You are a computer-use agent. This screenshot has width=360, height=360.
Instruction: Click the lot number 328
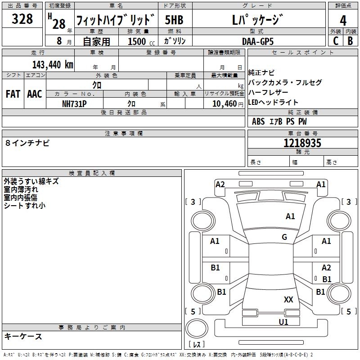tap(22, 19)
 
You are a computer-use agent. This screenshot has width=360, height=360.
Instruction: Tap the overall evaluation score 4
tap(343, 21)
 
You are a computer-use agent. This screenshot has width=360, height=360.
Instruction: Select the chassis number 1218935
tap(302, 144)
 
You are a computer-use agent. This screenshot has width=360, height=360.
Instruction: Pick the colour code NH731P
tap(74, 103)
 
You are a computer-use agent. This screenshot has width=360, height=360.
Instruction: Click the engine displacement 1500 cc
tap(138, 41)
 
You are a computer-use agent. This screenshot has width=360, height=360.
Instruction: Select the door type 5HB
tap(174, 21)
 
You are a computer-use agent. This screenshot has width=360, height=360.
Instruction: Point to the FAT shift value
tap(13, 94)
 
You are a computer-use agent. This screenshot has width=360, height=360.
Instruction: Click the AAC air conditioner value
tap(35, 94)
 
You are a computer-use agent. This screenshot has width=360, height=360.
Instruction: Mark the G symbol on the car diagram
tap(284, 237)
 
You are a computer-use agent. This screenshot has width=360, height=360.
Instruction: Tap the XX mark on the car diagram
tap(288, 299)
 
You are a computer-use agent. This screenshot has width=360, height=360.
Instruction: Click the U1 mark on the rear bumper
tap(283, 322)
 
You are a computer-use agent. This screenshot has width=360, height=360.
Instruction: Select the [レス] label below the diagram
tap(197, 344)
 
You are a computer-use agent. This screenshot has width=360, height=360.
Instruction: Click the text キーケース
tap(23, 337)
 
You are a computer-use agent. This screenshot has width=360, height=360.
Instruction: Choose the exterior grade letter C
tap(335, 41)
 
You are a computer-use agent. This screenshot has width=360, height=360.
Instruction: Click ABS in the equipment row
tap(258, 121)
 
